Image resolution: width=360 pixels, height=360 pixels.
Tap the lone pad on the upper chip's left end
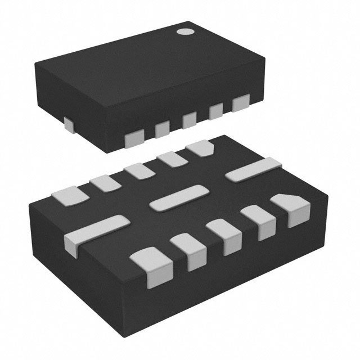[x=68, y=123]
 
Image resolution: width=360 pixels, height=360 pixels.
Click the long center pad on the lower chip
[x=177, y=198]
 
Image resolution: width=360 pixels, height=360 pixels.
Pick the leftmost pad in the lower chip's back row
[x=70, y=195]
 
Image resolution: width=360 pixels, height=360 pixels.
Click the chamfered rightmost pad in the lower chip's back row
[x=200, y=148]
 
